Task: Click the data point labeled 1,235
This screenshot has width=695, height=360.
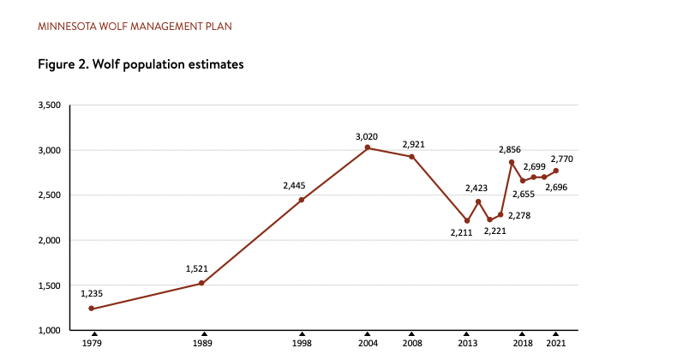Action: pyautogui.click(x=91, y=309)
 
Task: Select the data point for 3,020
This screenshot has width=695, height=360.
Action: pyautogui.click(x=367, y=147)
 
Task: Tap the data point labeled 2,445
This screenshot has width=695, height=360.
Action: pyautogui.click(x=302, y=200)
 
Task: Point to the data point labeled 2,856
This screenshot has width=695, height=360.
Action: pyautogui.click(x=512, y=162)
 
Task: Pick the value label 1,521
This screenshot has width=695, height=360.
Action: pyautogui.click(x=197, y=268)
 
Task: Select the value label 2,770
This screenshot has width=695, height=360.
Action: pyautogui.click(x=561, y=159)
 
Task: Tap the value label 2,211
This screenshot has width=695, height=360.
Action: pyautogui.click(x=462, y=233)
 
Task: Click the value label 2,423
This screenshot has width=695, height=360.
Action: pyautogui.click(x=477, y=188)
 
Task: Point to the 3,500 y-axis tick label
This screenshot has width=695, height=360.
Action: pyautogui.click(x=49, y=105)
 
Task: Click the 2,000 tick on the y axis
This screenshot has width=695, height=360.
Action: pyautogui.click(x=49, y=240)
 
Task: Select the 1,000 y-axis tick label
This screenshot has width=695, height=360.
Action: pyautogui.click(x=49, y=330)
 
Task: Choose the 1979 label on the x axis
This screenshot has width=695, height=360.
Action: pyautogui.click(x=93, y=344)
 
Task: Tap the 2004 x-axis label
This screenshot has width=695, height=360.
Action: pyautogui.click(x=367, y=344)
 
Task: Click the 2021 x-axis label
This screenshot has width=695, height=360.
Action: pyautogui.click(x=555, y=344)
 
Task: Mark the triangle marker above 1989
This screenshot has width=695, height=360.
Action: pyautogui.click(x=204, y=333)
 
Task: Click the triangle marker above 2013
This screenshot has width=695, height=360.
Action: pyautogui.click(x=467, y=333)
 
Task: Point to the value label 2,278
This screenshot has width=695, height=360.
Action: pyautogui.click(x=519, y=215)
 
